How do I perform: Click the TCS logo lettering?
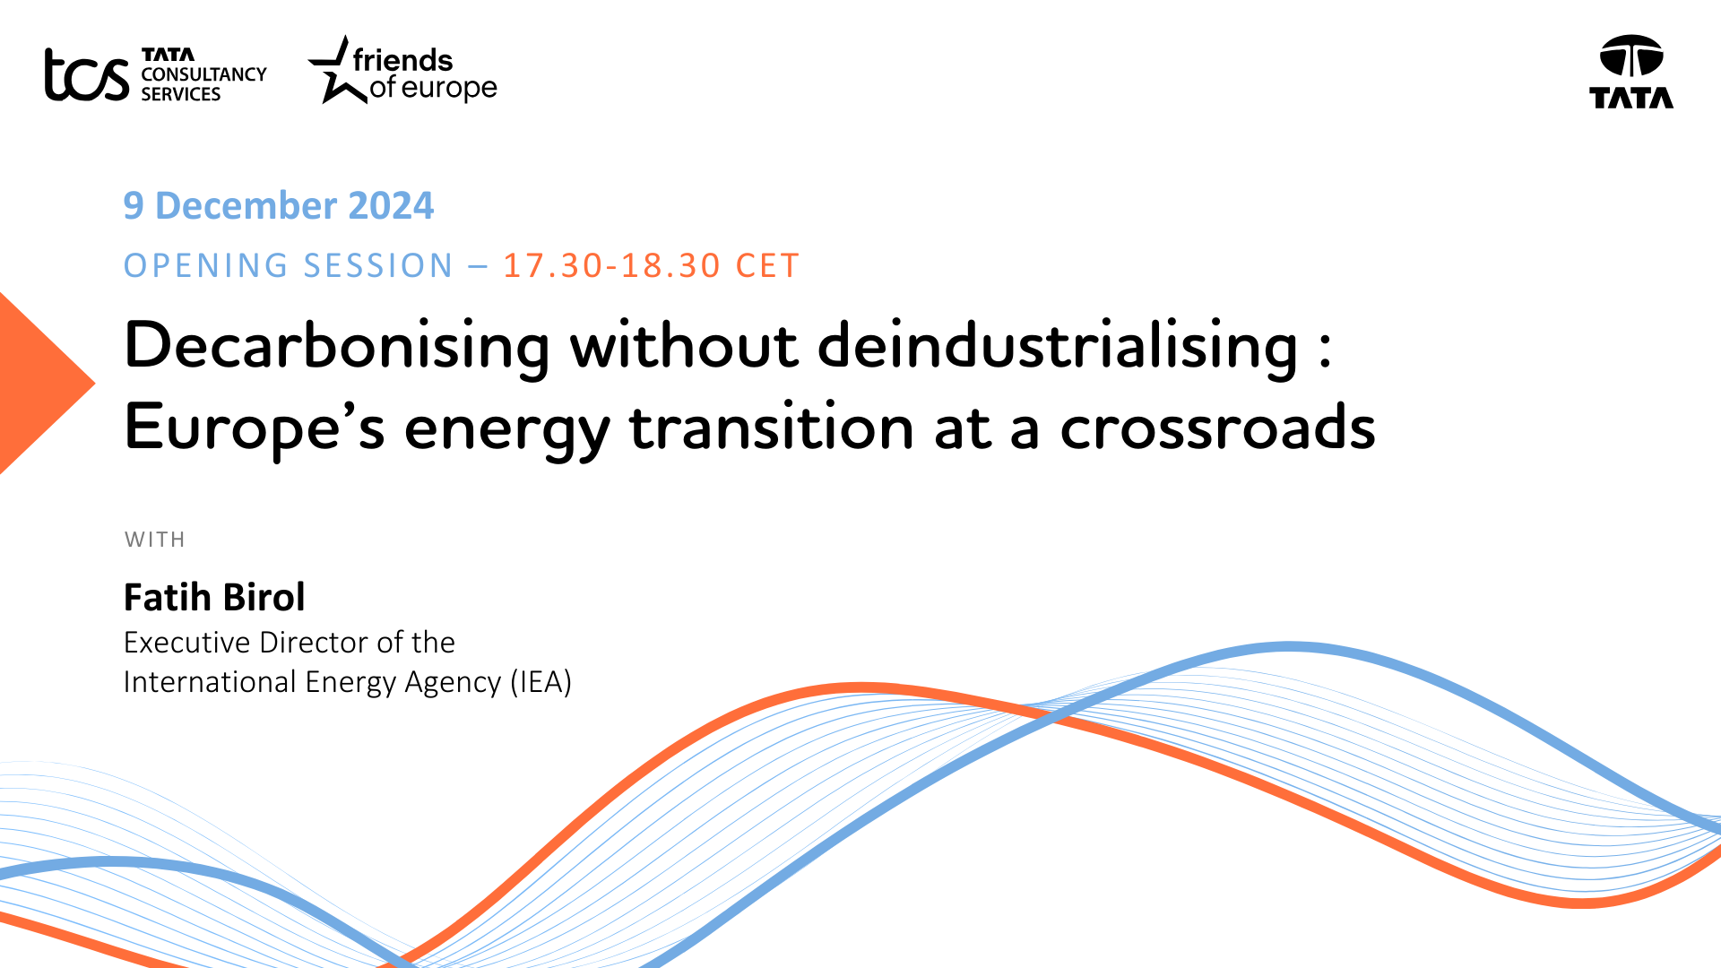click(x=87, y=74)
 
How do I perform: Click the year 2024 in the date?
click(x=391, y=206)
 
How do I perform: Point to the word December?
click(x=246, y=206)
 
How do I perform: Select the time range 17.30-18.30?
click(x=611, y=266)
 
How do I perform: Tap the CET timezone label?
click(x=767, y=266)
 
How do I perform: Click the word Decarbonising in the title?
click(x=337, y=346)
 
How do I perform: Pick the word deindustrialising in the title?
click(x=1058, y=346)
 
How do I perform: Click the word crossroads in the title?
click(x=1217, y=427)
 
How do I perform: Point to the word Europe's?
click(x=255, y=428)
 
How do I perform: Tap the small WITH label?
click(x=155, y=540)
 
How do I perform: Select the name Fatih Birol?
click(x=214, y=597)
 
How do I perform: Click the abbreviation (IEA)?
click(x=541, y=682)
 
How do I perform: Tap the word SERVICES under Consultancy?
click(x=181, y=94)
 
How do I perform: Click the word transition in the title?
click(x=772, y=427)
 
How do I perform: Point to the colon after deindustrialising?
click(x=1325, y=349)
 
